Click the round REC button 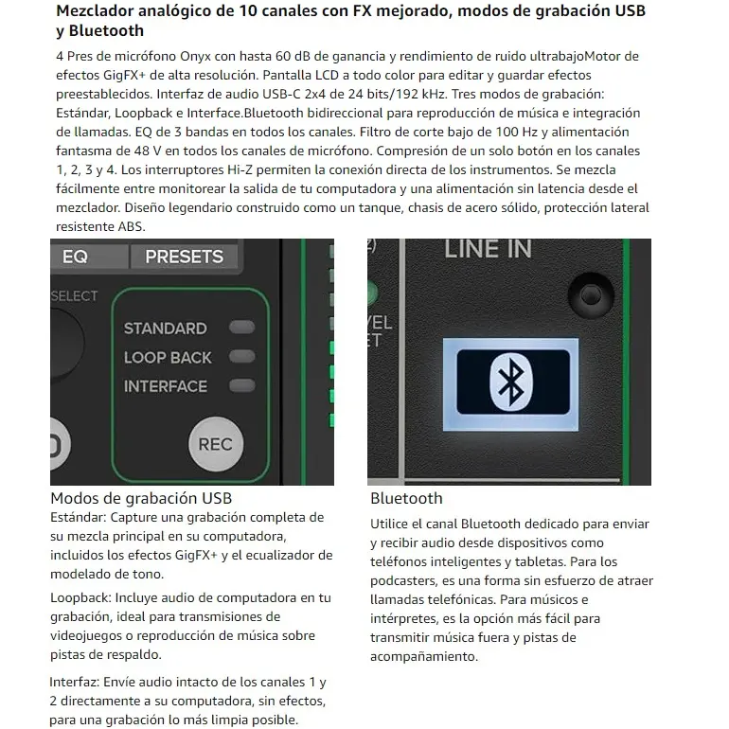point(216,443)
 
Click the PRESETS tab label point(184,257)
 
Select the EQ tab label point(75,257)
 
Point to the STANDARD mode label point(165,329)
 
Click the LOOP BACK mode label point(168,358)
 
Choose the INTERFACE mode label point(165,386)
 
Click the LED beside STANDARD point(242,328)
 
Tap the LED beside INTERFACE point(242,385)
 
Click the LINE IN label point(488,249)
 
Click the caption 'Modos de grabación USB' point(141,498)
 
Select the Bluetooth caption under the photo point(406,498)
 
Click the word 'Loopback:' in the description point(81,598)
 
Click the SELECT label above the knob point(74,296)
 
